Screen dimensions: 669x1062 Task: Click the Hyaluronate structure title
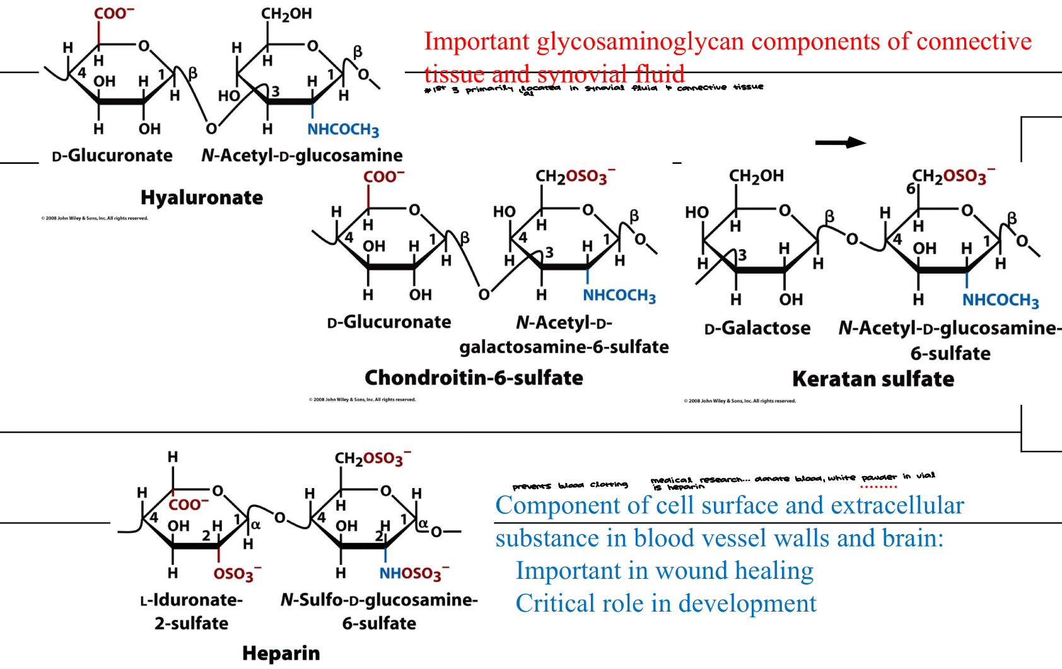(202, 198)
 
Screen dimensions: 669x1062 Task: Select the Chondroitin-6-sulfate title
(474, 378)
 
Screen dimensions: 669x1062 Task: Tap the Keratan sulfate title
(873, 379)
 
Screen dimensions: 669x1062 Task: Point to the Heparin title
(281, 653)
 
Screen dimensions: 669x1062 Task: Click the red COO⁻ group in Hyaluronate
(114, 14)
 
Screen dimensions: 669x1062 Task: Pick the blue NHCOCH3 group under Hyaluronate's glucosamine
(343, 130)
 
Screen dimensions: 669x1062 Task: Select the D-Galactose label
(757, 329)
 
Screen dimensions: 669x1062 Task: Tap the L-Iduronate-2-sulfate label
(191, 611)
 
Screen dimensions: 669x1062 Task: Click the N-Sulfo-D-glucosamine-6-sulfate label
(379, 611)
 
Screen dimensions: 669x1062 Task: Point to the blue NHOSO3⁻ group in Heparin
(414, 574)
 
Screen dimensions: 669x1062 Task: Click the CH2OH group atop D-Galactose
(756, 176)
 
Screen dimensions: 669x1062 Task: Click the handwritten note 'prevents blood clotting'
(570, 486)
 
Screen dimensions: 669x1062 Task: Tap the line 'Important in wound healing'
(665, 571)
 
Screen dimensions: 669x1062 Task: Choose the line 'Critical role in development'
(666, 603)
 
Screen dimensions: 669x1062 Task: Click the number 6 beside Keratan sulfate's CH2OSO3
(911, 189)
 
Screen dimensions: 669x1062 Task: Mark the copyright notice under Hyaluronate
(95, 218)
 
